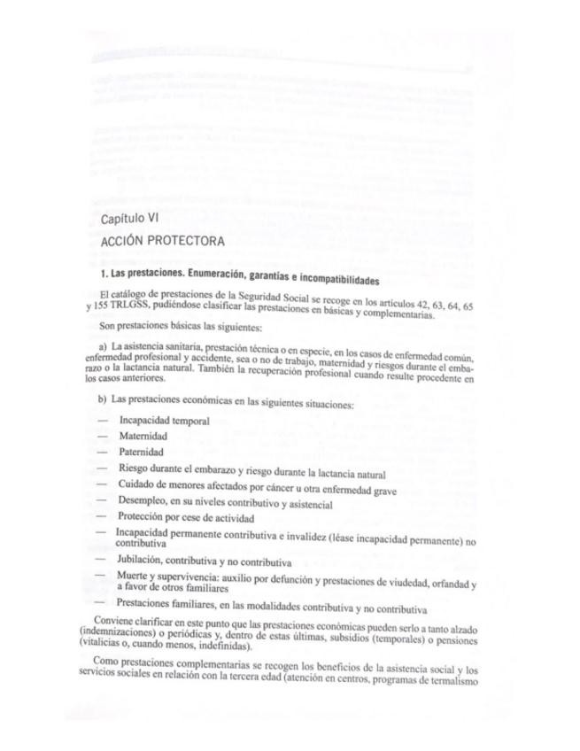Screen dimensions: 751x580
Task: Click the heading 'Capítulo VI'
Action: coord(129,217)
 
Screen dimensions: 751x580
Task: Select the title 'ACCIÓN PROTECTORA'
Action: coord(162,241)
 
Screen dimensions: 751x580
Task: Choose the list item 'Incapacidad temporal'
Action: coord(164,422)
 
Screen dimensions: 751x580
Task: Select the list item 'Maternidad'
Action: coord(143,437)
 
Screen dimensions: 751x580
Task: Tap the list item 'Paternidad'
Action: coord(142,453)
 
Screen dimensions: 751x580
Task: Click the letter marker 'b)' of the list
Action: coord(104,403)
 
